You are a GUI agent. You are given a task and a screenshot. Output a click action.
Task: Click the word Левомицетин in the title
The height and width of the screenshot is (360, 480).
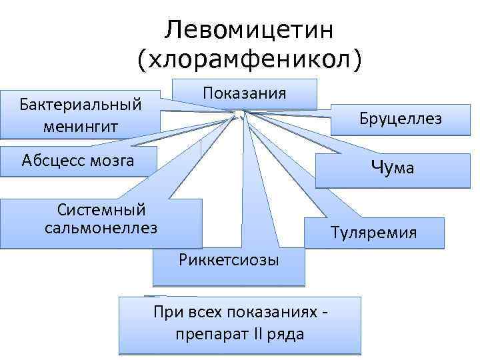(x=250, y=29)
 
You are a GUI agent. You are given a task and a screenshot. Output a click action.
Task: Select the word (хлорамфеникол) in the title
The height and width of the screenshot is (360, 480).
(x=250, y=61)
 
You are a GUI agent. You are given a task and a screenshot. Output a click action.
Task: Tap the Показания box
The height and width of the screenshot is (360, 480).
(x=245, y=94)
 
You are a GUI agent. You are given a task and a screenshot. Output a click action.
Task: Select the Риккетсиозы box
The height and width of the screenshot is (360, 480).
(x=229, y=259)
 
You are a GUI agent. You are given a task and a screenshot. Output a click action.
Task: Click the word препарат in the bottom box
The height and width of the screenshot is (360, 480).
(x=204, y=333)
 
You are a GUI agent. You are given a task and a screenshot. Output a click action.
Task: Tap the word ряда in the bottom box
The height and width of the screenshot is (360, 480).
(x=286, y=334)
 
